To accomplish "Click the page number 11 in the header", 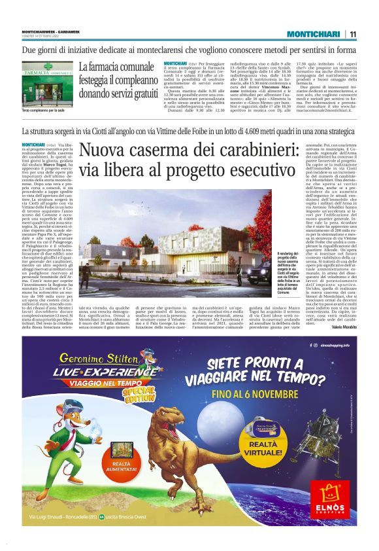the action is click(352, 35).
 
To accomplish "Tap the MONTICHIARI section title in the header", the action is click(310, 35).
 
